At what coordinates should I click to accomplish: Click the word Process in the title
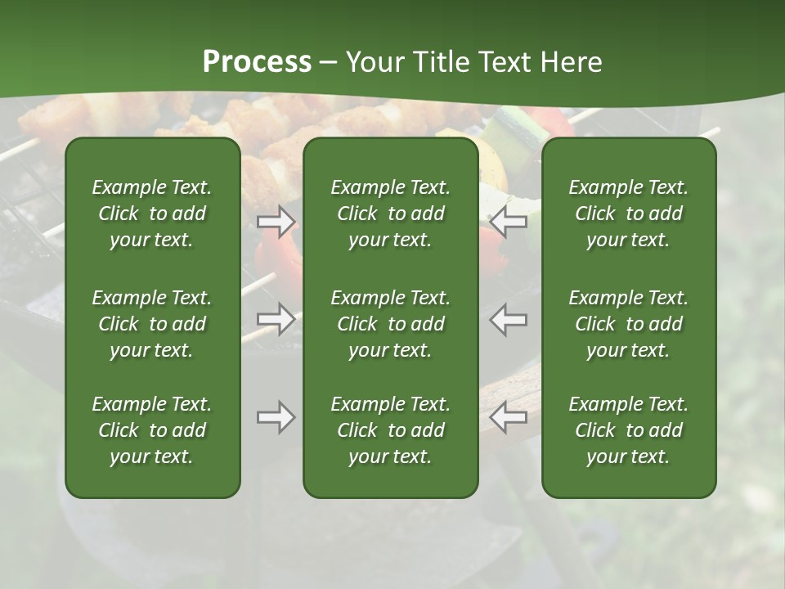click(257, 62)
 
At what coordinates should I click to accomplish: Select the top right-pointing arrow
click(276, 221)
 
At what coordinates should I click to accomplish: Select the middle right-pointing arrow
click(276, 319)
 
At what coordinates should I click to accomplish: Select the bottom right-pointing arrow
click(276, 417)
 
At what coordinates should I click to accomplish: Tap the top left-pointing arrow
click(509, 221)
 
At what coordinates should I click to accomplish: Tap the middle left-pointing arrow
click(509, 319)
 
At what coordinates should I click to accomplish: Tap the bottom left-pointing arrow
click(509, 417)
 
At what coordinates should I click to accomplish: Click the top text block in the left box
click(152, 214)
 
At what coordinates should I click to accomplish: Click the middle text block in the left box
click(152, 324)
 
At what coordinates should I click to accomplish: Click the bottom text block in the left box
click(152, 430)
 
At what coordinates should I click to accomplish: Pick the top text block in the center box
click(390, 214)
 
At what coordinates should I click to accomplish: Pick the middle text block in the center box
click(390, 324)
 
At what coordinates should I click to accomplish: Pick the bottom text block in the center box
click(390, 430)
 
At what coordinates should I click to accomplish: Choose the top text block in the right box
click(628, 214)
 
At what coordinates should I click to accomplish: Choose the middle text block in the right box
click(628, 324)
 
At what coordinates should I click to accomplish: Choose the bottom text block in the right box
click(628, 430)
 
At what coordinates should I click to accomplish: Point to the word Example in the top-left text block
click(128, 188)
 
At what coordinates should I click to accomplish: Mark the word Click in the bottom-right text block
click(595, 430)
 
